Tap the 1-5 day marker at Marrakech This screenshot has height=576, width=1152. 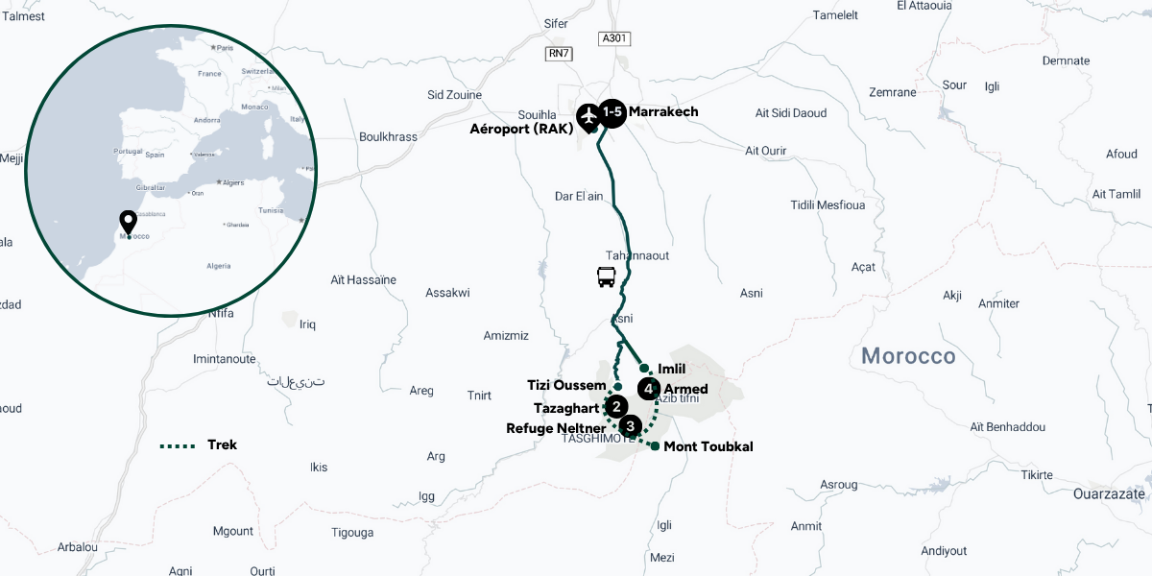(x=612, y=113)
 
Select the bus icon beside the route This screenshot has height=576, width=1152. (x=607, y=277)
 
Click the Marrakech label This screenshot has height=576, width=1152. (x=663, y=111)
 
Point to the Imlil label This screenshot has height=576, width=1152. (x=672, y=368)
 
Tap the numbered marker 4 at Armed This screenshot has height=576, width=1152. (x=650, y=389)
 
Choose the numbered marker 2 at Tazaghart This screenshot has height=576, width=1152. (x=616, y=408)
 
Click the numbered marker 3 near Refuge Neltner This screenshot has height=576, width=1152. (x=630, y=425)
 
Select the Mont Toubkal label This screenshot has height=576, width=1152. (x=708, y=446)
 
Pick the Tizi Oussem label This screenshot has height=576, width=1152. (x=566, y=385)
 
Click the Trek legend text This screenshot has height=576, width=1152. (x=222, y=444)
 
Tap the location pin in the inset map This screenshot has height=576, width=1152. (x=127, y=223)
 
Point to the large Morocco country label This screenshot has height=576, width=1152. (x=908, y=356)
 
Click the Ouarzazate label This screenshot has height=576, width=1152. (x=1109, y=493)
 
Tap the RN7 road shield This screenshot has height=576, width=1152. (x=558, y=54)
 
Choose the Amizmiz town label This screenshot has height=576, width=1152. (x=505, y=335)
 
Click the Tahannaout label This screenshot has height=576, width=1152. (x=637, y=255)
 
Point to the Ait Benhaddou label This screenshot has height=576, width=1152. (x=1007, y=426)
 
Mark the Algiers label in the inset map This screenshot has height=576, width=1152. (x=234, y=182)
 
